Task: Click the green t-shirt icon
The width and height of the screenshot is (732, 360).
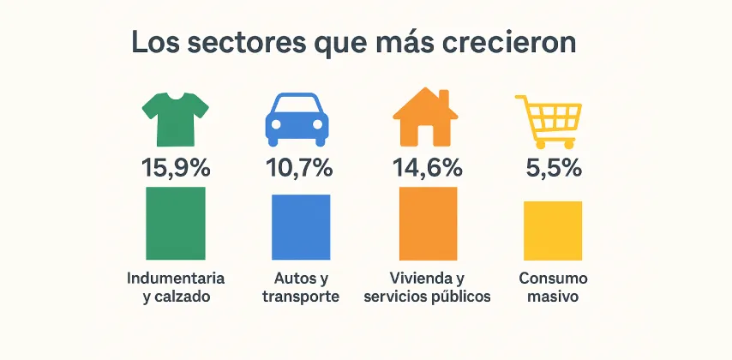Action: click(175, 119)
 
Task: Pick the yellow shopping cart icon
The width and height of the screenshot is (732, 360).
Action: click(549, 120)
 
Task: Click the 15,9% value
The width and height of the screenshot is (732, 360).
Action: click(175, 168)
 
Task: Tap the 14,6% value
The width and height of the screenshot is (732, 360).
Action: click(428, 168)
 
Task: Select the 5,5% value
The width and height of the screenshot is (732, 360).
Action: click(553, 168)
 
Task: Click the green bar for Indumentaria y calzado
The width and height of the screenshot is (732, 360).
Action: click(176, 223)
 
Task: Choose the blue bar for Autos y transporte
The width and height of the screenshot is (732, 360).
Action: click(300, 226)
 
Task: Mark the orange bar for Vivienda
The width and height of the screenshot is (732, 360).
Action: click(428, 223)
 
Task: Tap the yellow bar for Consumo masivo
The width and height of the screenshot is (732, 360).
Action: click(553, 230)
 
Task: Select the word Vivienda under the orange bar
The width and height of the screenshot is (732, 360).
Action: click(420, 279)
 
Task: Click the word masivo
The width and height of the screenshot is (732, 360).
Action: click(553, 297)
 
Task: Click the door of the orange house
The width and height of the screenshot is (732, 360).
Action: click(426, 135)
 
